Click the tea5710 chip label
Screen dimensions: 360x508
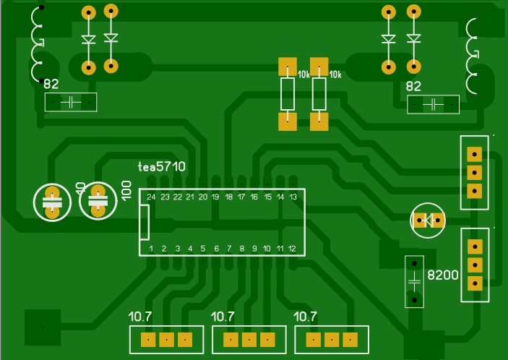click(162, 166)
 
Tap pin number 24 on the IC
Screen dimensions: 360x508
click(151, 197)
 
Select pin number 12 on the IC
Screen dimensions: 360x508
click(293, 248)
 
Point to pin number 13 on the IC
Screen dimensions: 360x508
click(293, 197)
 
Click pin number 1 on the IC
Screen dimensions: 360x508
click(151, 248)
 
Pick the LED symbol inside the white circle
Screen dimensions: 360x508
click(429, 220)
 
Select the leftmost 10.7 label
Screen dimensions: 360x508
click(141, 316)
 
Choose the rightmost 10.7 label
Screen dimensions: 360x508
click(306, 316)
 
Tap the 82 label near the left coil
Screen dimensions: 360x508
click(51, 85)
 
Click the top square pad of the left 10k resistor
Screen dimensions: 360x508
click(288, 67)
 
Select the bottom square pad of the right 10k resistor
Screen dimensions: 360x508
click(319, 121)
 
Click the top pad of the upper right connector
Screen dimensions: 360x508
click(475, 153)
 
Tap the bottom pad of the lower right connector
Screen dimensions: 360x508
click(475, 283)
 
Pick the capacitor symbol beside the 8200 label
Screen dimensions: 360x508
click(414, 281)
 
